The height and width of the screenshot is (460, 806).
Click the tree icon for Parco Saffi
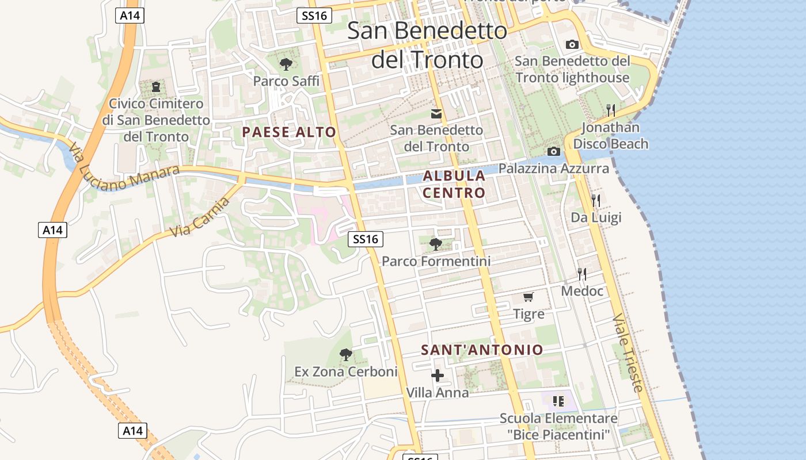tap(286, 64)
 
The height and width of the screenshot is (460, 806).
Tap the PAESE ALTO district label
tap(289, 132)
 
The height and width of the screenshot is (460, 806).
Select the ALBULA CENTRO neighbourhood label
tap(454, 184)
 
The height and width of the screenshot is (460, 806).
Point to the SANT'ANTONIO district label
tap(482, 350)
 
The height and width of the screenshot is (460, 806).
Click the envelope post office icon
tap(436, 114)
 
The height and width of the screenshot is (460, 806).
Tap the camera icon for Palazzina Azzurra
tap(554, 151)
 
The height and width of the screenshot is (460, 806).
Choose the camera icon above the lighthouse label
tap(572, 44)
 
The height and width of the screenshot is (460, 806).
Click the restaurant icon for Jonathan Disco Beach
tap(611, 110)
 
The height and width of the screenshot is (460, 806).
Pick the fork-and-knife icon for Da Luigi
tap(596, 200)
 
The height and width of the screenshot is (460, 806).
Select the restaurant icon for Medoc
tap(582, 274)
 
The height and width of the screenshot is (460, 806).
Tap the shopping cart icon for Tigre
tap(528, 297)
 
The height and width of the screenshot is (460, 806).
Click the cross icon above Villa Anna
tap(438, 375)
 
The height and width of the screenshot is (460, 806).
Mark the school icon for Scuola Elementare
tap(558, 401)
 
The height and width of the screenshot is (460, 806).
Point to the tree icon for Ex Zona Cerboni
tap(345, 354)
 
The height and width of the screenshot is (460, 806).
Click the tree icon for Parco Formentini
tap(436, 244)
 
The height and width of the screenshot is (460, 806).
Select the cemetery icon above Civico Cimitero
tap(155, 87)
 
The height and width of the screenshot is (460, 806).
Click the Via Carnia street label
tap(200, 216)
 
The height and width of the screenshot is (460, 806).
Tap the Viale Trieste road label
tap(627, 353)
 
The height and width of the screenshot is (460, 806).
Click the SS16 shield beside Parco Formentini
tap(366, 239)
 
